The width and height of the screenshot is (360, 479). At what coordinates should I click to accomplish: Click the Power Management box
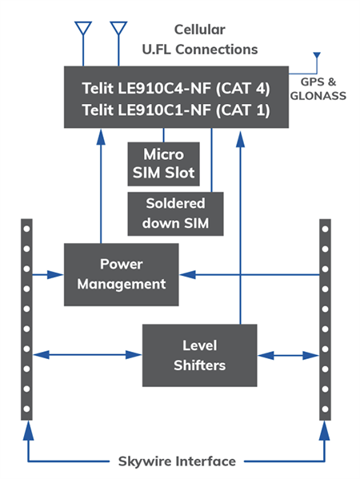(x=121, y=274)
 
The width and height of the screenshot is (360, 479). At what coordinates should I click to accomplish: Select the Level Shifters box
(x=200, y=354)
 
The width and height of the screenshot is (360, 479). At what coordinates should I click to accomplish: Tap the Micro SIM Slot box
(x=163, y=162)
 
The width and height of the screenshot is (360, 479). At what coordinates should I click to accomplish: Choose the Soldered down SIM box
(x=174, y=213)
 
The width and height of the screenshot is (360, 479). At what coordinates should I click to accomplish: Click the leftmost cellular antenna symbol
(x=82, y=30)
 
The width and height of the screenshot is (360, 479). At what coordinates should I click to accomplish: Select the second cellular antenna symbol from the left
(x=118, y=30)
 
